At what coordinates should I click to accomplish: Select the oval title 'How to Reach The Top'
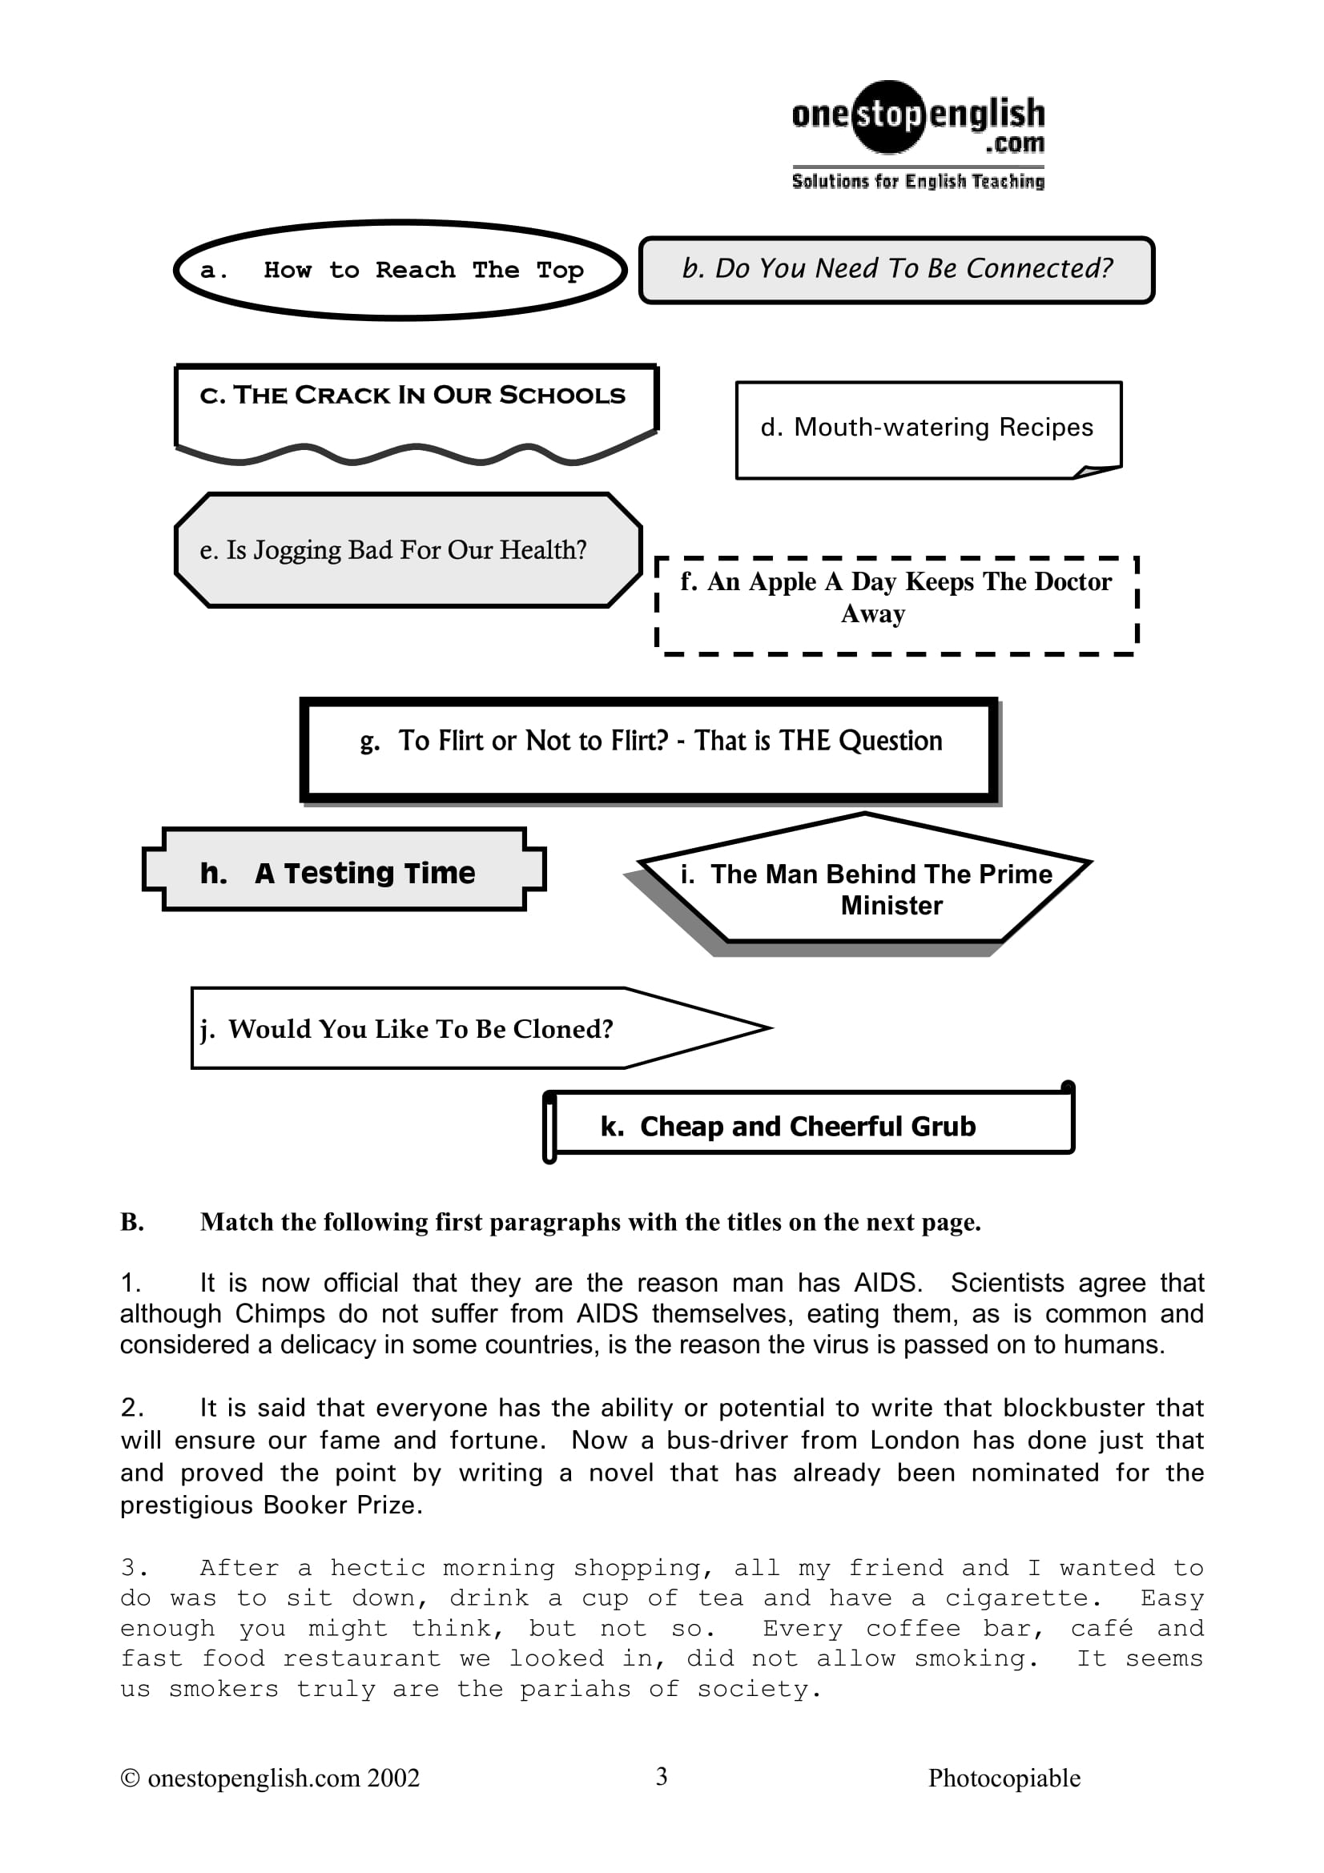[400, 270]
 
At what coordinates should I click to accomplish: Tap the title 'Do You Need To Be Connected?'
[896, 269]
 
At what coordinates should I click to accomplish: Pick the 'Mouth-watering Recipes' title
[927, 428]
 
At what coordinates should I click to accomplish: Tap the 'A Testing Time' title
[364, 874]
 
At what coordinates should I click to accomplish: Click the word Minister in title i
[891, 906]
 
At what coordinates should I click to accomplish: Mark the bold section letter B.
[132, 1222]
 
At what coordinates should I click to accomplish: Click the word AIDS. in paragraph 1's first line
[887, 1283]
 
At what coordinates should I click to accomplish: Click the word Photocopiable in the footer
[1004, 1778]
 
